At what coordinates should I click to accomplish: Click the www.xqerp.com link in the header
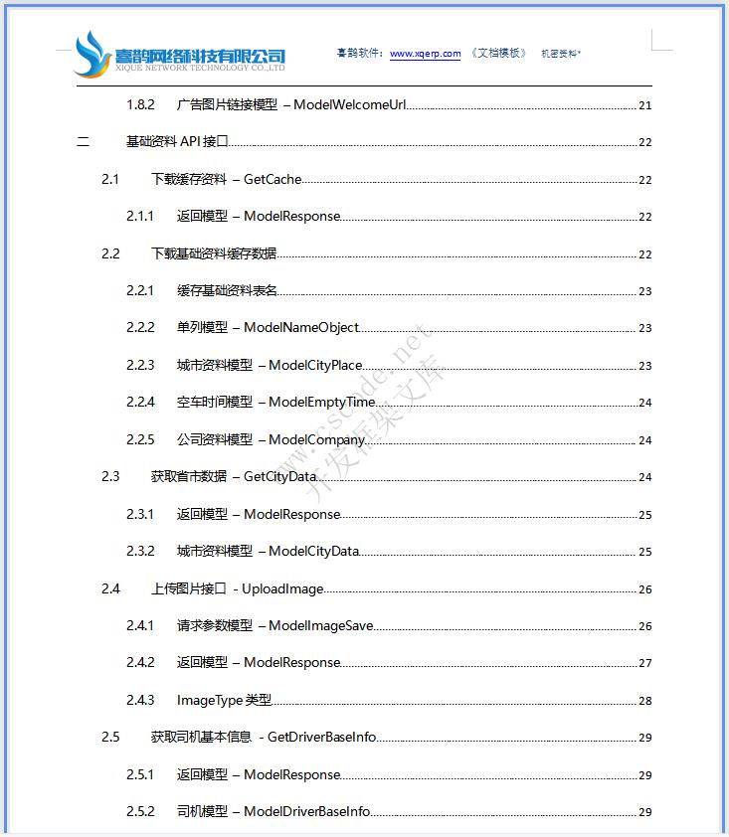point(425,54)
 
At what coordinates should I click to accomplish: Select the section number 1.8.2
point(140,104)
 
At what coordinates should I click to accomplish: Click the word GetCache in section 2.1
point(273,179)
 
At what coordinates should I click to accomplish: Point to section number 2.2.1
point(140,290)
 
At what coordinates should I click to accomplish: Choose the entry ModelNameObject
point(301,327)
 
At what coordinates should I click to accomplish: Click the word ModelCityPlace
point(315,365)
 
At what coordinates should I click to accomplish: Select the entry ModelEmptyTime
point(322,402)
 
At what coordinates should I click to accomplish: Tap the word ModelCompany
point(317,439)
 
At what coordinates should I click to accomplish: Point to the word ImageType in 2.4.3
point(209,700)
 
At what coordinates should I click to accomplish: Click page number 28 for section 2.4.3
point(645,701)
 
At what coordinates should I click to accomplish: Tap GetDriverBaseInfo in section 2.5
point(321,737)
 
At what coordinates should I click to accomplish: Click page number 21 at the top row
point(645,105)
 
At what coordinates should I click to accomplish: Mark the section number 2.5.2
point(140,811)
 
